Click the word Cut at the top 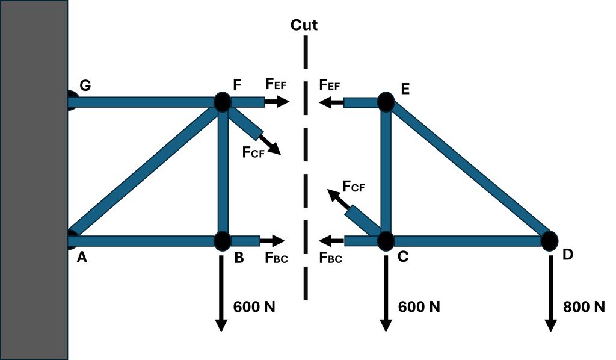click(304, 25)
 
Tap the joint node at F click(222, 102)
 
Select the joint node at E click(386, 102)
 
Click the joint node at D click(549, 241)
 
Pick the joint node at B click(222, 240)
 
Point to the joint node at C click(386, 241)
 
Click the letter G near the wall click(85, 85)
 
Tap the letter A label click(82, 257)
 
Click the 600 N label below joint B click(254, 306)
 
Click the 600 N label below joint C click(419, 306)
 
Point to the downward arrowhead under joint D click(550, 325)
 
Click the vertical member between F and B click(223, 172)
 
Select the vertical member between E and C click(386, 172)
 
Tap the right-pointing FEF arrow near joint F click(277, 102)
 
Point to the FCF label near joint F click(254, 152)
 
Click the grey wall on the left click(33, 181)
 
